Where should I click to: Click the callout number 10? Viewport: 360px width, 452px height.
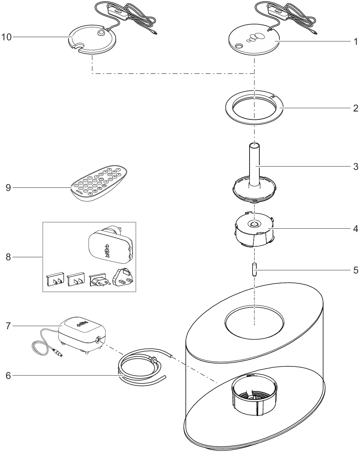6,37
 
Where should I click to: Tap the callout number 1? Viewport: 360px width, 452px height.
355,42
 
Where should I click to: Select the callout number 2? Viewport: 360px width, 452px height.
355,108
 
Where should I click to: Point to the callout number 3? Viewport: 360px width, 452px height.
355,166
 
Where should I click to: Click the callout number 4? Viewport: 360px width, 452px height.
355,229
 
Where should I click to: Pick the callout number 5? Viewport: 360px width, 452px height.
355,270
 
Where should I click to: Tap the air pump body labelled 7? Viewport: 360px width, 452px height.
79,331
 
